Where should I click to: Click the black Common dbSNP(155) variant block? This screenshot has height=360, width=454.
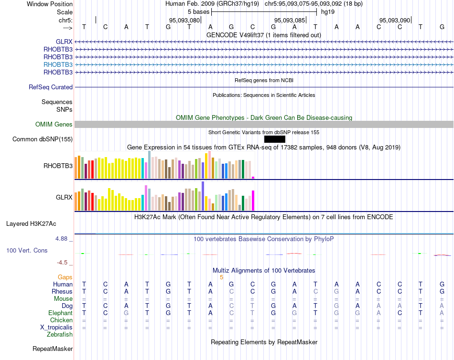point(274,139)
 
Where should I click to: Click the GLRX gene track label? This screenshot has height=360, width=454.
point(64,42)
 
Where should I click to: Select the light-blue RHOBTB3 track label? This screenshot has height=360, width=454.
point(58,64)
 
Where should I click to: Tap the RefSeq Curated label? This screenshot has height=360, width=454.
point(51,87)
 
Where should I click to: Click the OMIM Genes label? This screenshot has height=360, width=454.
point(54,125)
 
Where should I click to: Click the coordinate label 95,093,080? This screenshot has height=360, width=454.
point(184,20)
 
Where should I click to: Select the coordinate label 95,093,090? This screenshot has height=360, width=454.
point(395,20)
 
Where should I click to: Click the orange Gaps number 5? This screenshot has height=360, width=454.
point(221,277)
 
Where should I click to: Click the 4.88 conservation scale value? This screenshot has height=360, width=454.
point(63,239)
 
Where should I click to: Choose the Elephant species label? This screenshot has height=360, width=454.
point(60,313)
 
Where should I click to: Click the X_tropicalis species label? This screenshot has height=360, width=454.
point(56,327)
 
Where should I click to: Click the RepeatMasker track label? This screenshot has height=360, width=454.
point(53,349)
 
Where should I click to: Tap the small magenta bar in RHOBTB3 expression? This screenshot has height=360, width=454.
point(253,178)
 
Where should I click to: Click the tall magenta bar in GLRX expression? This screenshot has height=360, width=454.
point(253,201)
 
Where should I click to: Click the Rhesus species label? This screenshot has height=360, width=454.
point(62,291)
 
